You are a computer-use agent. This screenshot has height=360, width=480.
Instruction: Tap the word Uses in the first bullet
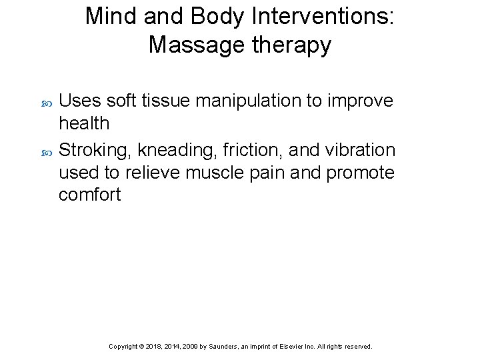point(80,101)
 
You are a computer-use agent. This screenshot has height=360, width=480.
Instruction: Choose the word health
point(84,124)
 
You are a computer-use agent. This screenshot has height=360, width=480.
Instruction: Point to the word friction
point(255,150)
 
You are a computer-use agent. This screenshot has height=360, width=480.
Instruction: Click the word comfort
point(90,195)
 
